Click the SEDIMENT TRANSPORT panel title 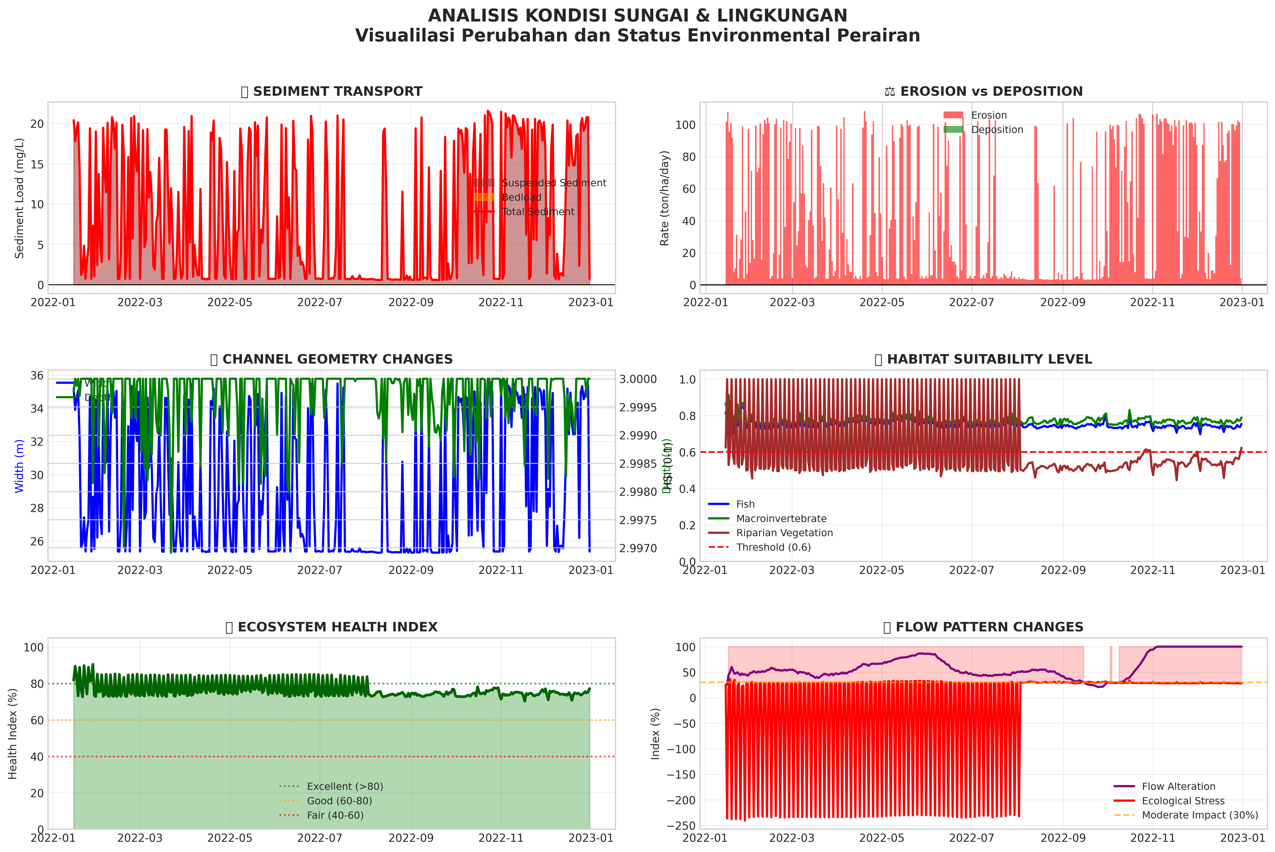331,91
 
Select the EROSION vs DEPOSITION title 983,91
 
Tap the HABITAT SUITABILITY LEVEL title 983,359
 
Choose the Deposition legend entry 997,129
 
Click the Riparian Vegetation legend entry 784,533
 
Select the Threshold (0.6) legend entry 773,547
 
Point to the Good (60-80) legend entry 339,801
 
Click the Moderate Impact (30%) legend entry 1199,815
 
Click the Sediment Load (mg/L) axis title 20,198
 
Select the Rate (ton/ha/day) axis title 665,198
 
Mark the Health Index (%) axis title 13,733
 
